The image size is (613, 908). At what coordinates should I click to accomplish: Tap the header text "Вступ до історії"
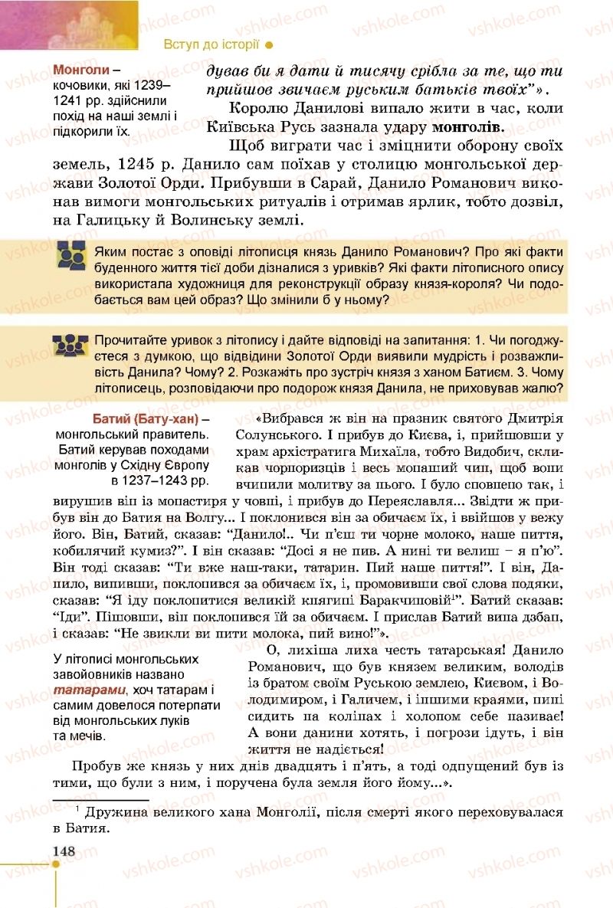[x=211, y=44]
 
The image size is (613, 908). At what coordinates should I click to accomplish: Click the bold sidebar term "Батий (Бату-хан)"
[x=145, y=418]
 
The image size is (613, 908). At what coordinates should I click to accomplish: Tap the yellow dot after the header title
[x=268, y=44]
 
